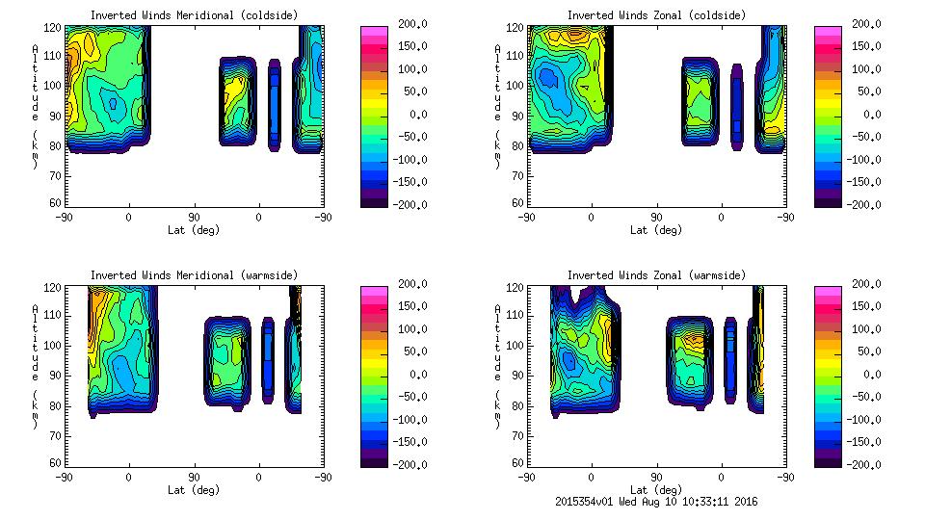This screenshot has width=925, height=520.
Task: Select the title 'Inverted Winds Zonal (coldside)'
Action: click(655, 14)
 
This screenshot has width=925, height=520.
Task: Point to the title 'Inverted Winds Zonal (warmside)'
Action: click(655, 275)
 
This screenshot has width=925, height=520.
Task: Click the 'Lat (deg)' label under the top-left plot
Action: click(194, 230)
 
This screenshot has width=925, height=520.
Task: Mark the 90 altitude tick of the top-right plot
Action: click(516, 116)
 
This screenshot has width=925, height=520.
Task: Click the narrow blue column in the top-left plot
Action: click(275, 106)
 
